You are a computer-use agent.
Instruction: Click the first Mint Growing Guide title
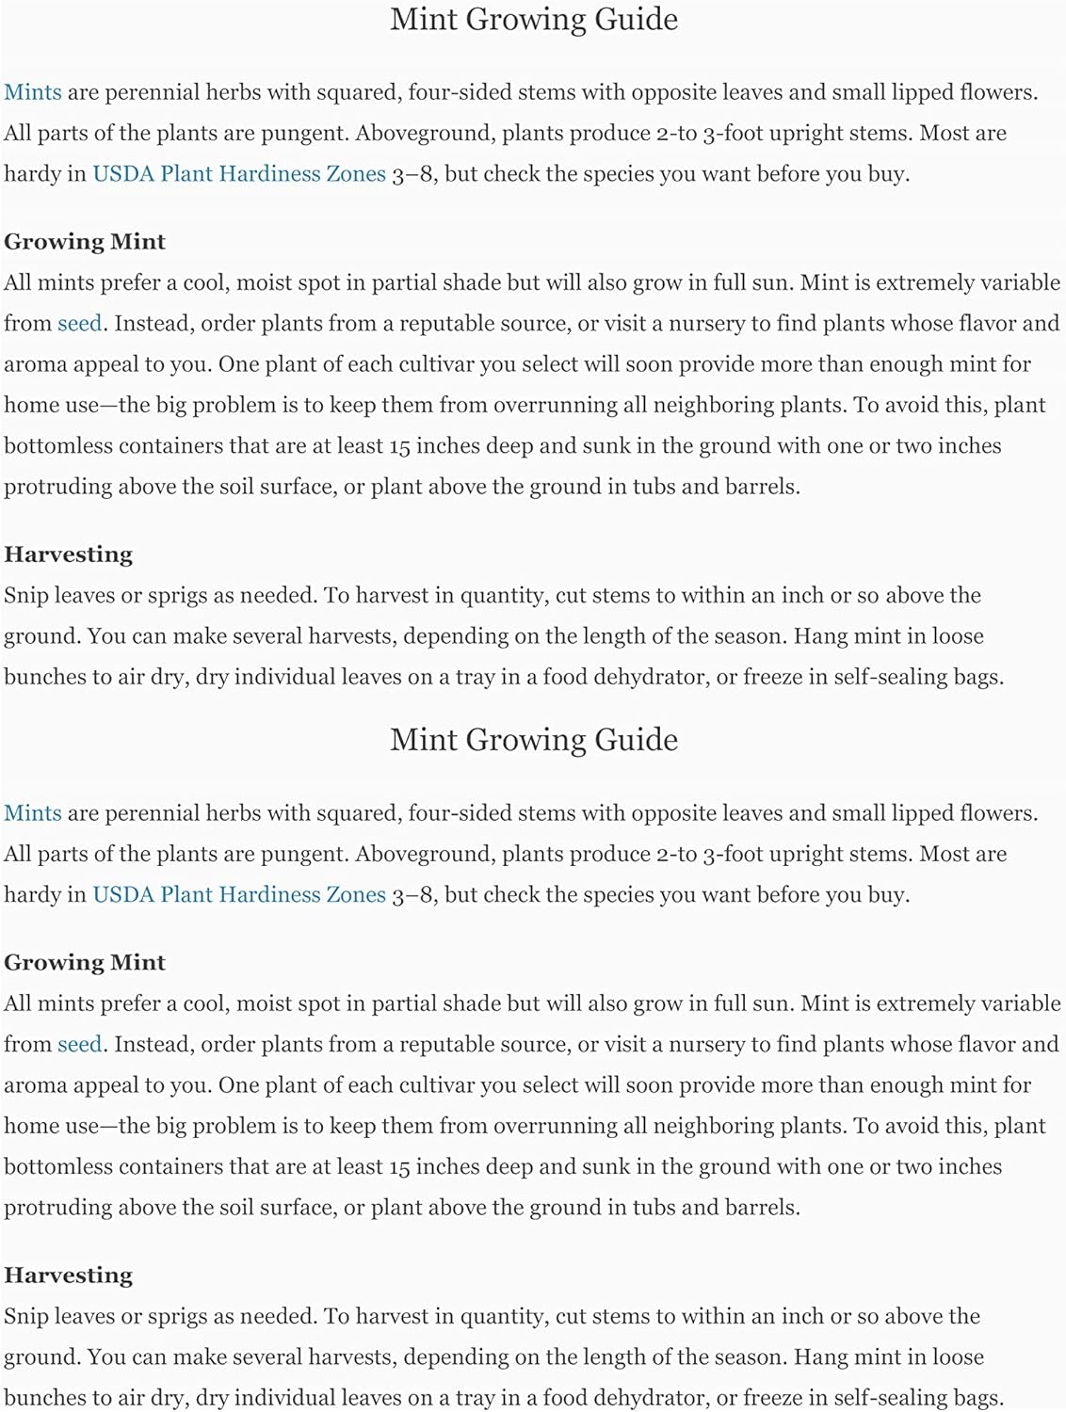tap(533, 20)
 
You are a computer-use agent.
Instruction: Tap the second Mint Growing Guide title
tap(533, 740)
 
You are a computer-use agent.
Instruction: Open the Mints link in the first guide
tap(33, 92)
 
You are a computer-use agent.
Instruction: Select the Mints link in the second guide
tap(33, 813)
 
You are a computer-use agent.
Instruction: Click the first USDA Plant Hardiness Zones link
tap(239, 174)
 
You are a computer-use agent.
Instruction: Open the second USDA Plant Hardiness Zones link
tap(239, 895)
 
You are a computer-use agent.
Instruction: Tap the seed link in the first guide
tap(79, 324)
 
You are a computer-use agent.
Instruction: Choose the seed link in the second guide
tap(79, 1045)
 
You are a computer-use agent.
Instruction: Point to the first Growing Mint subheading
tap(85, 242)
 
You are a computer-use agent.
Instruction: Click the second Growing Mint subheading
tap(85, 963)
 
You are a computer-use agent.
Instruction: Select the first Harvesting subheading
tap(68, 554)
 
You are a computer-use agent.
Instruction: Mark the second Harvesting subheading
tap(68, 1276)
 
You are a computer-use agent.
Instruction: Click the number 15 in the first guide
tap(398, 446)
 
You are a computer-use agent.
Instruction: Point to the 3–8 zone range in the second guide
tap(413, 895)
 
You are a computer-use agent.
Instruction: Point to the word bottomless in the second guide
tap(57, 1167)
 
